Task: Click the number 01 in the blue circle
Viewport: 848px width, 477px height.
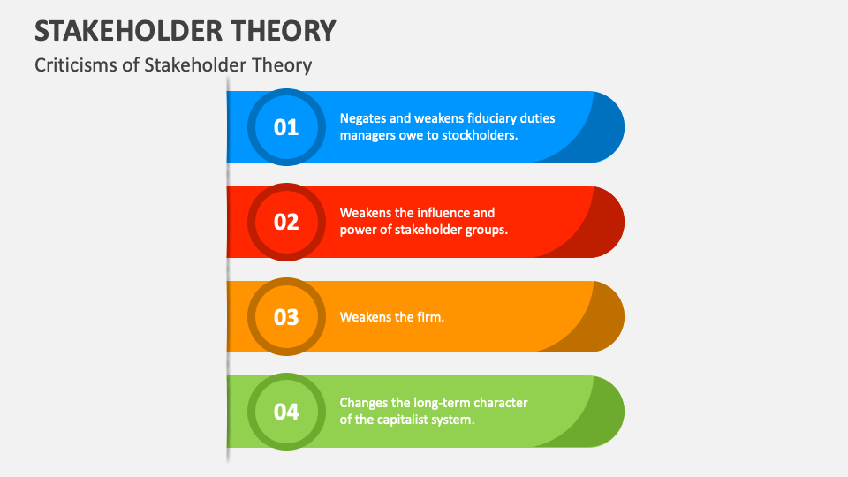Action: click(286, 127)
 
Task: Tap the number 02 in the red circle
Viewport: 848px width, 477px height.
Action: click(286, 222)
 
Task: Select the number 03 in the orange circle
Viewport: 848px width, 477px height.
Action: click(286, 317)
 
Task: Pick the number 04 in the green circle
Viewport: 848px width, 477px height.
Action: click(286, 412)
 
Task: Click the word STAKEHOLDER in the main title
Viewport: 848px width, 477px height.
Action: click(129, 31)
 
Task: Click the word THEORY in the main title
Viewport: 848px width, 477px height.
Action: click(284, 31)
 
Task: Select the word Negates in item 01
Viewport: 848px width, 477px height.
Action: click(363, 118)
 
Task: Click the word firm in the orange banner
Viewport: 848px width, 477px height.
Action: click(429, 317)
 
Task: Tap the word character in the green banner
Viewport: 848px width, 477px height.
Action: click(499, 403)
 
